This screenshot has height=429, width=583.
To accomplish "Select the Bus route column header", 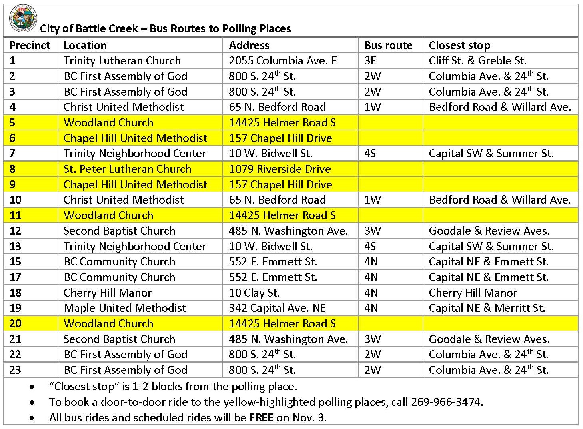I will pos(388,45).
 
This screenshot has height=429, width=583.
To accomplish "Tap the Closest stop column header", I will pos(459,45).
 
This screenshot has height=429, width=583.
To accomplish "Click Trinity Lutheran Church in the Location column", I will pos(122,60).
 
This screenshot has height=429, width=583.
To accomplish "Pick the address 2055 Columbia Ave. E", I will pos(282,60).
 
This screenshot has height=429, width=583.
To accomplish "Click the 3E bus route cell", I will pos(370,60).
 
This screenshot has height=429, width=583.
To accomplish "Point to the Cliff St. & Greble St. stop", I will pos(477,60).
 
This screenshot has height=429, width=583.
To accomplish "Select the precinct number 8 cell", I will pos(12,169).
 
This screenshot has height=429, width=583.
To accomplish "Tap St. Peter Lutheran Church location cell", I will pos(127,169).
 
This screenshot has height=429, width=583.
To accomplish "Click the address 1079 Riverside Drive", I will pos(280,169).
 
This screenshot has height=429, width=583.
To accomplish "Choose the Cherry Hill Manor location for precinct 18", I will pos(108,293).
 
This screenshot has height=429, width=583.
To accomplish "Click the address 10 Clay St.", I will pos(254,293).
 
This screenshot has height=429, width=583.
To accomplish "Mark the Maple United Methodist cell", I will pos(125,308).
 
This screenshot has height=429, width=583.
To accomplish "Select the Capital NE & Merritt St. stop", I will pos(487,308).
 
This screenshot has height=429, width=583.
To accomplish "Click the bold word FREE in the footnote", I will pos(261,417).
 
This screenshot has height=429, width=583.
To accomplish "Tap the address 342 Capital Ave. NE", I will pos(277,308).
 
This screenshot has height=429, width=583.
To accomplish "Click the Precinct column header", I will pos(30,45).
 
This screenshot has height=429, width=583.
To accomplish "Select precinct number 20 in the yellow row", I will pos(15,323).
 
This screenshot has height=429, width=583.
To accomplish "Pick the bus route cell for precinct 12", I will pos(372,231).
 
